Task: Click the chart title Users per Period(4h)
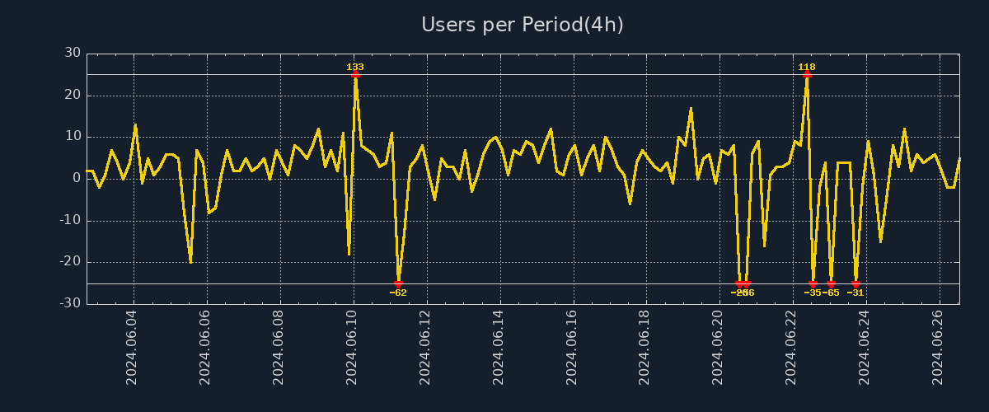tap(523, 25)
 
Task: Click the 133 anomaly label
tap(355, 67)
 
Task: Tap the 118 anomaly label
tap(807, 67)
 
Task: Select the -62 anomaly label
tap(398, 293)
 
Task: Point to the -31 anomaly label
tap(855, 293)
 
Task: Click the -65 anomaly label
tap(831, 293)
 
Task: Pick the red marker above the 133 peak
tap(355, 74)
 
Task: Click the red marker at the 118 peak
tap(807, 74)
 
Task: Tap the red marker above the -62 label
tap(398, 283)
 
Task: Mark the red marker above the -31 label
tap(855, 283)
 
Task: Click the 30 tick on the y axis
tap(73, 54)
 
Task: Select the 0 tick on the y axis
tap(77, 179)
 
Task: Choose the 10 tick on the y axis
tap(73, 137)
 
